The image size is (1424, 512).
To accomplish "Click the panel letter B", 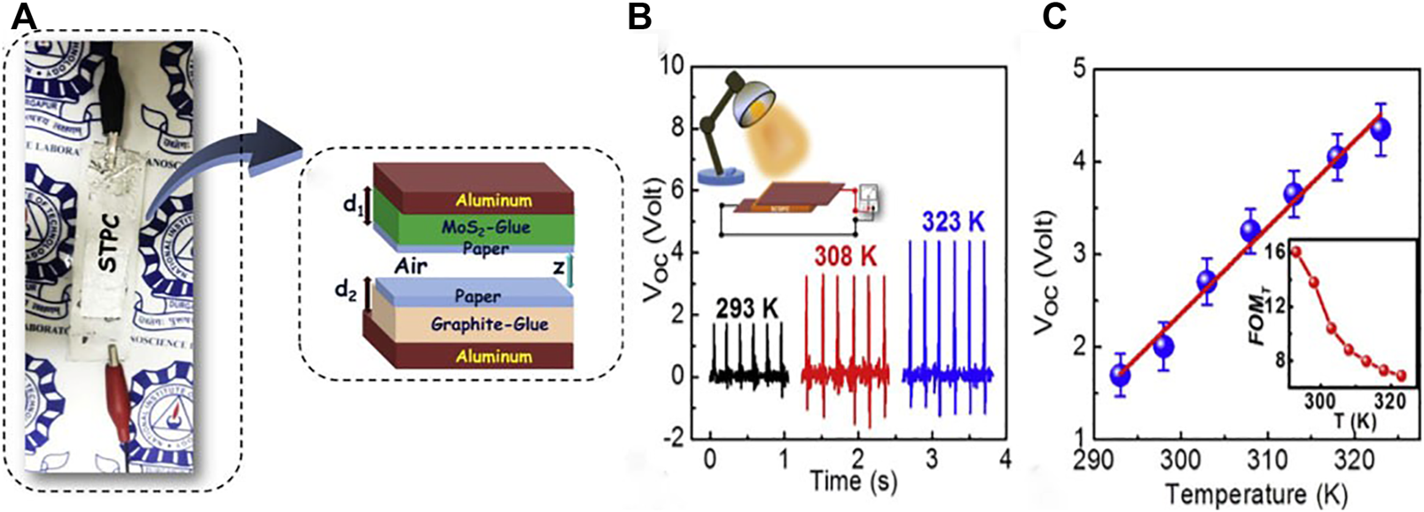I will (x=639, y=17).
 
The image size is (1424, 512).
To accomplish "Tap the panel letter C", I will (x=1053, y=17).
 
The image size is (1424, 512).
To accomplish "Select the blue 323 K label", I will (x=953, y=221).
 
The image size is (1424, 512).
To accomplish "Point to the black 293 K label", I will (x=747, y=308).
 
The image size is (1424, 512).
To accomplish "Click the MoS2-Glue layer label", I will (x=486, y=227).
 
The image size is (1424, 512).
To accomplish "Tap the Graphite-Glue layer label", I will (x=489, y=324).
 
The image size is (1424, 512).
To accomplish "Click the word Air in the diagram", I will (x=411, y=265).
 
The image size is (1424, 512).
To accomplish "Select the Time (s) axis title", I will (x=854, y=480).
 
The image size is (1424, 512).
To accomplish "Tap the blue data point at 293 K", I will (x=1121, y=376).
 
